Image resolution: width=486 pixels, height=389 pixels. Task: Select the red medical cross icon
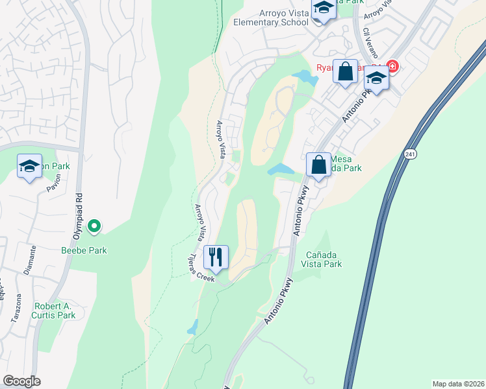coord(392,65)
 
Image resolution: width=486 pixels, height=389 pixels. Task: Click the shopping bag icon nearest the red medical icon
coord(346,71)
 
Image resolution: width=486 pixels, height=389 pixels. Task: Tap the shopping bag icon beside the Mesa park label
coord(318,165)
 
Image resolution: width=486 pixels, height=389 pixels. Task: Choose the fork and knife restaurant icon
coord(216,257)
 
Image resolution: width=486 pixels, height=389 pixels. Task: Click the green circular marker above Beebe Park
coord(94,226)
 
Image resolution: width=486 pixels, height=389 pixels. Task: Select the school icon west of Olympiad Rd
coord(29,167)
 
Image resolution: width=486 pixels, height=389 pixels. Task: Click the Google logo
coord(22,381)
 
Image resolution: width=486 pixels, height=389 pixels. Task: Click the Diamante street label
coord(29,259)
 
